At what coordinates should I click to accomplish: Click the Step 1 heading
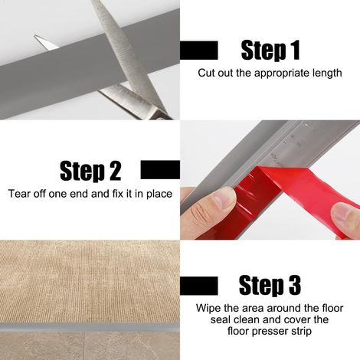(x=270, y=51)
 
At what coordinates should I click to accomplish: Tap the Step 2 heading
(x=90, y=171)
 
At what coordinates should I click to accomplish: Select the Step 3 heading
(x=270, y=286)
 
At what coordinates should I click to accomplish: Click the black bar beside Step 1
(x=199, y=51)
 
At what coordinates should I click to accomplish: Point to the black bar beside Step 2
(x=160, y=170)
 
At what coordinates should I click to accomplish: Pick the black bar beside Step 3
(x=199, y=286)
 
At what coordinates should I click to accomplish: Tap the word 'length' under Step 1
(x=327, y=74)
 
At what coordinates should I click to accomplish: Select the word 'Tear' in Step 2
(x=18, y=194)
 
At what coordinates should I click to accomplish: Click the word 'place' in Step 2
(x=159, y=194)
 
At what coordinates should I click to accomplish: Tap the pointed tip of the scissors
(x=35, y=36)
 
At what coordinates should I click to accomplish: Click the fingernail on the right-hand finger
(x=344, y=213)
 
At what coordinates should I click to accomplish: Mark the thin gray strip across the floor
(x=90, y=327)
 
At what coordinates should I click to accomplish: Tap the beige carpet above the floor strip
(x=90, y=282)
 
